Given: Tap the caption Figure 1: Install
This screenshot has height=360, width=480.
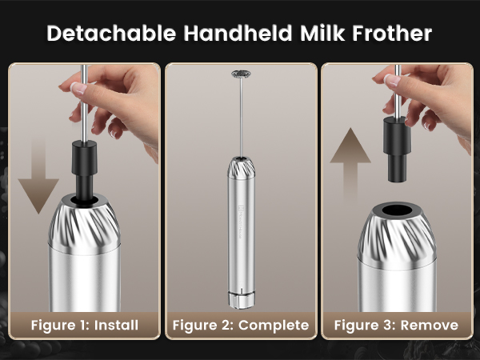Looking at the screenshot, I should (85, 325).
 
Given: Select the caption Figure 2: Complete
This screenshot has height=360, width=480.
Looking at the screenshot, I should (240, 325).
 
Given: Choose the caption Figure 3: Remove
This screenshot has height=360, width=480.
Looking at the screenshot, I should (396, 325).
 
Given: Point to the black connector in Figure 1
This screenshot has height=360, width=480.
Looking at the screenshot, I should (83, 164).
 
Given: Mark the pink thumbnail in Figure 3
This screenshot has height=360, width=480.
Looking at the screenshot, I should (391, 80).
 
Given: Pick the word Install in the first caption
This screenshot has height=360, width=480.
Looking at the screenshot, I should (117, 325).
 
